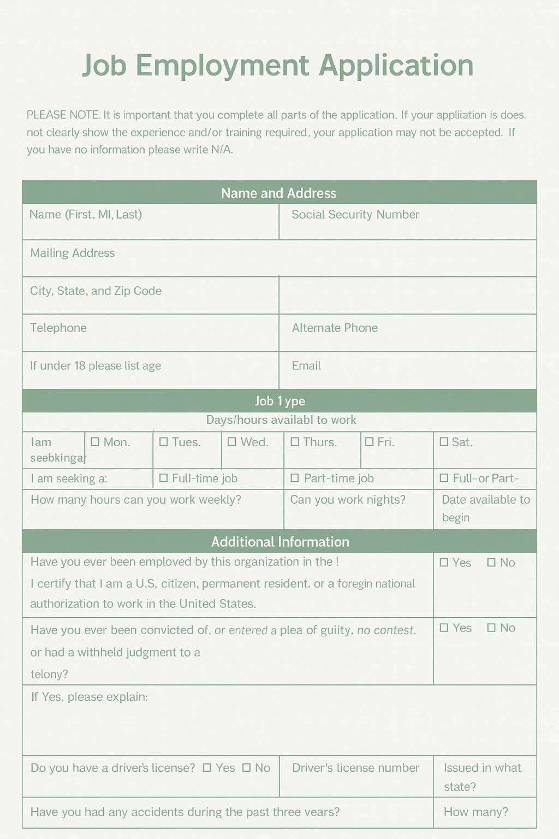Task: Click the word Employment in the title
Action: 222,66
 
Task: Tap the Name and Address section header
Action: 279,193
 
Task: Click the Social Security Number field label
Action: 355,215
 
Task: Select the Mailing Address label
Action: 73,253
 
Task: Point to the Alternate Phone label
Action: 335,328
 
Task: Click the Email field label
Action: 306,365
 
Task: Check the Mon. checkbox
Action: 95,441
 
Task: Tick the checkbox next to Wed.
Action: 232,441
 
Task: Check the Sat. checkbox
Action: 443,441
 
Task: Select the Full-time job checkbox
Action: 163,478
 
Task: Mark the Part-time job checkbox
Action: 295,478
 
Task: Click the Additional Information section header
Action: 280,542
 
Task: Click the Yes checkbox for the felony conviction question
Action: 444,628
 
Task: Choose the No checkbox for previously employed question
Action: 491,562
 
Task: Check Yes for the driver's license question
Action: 207,767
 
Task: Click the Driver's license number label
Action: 355,767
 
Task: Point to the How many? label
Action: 475,812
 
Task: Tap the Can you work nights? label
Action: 348,499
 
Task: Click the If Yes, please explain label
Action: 90,697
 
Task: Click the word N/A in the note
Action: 222,150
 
